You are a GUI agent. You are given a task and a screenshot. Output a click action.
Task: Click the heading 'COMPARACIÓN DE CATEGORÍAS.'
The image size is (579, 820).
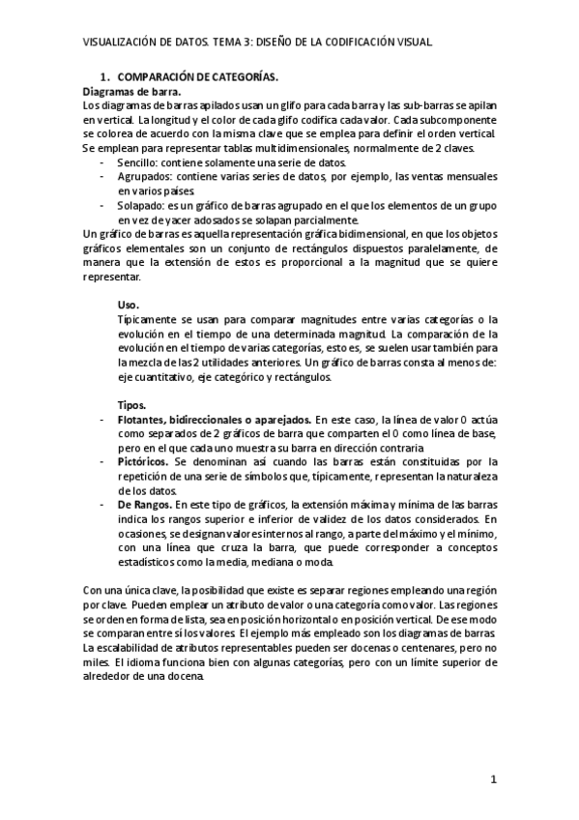click(198, 75)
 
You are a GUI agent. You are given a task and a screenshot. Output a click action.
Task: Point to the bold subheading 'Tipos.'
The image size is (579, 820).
click(131, 404)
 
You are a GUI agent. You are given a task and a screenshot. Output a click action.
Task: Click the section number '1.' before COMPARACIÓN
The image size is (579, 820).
click(106, 75)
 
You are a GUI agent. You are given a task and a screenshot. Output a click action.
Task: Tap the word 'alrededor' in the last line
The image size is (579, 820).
click(109, 678)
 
